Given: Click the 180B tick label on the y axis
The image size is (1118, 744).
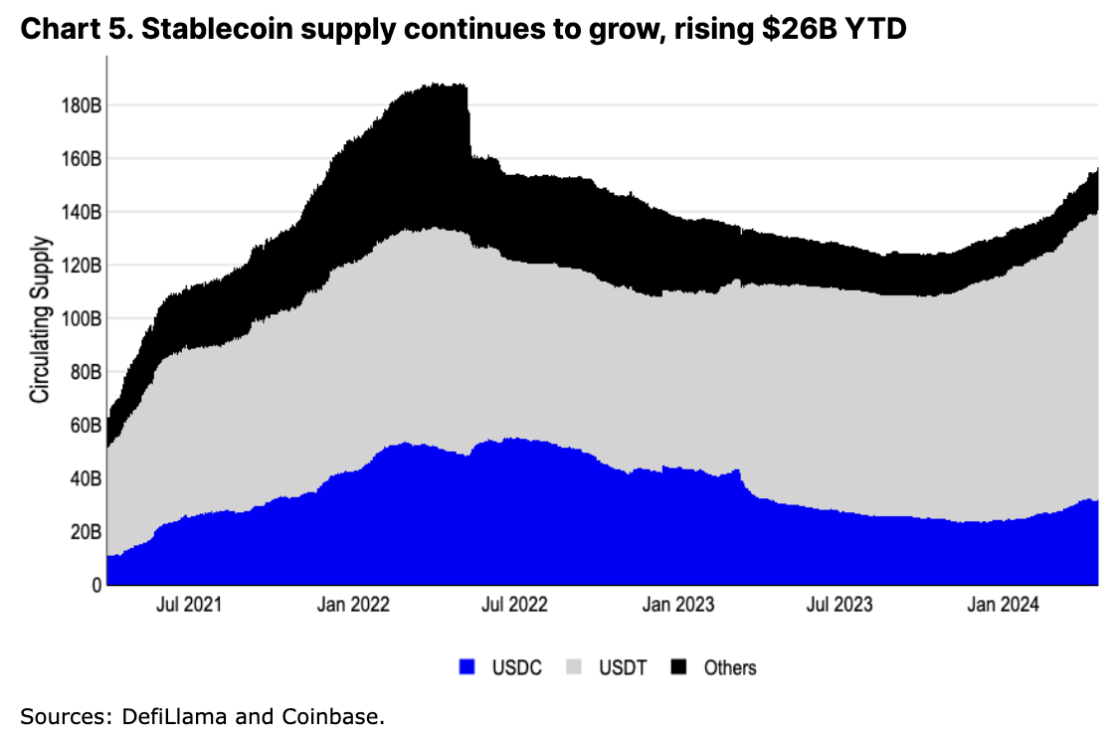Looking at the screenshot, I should (76, 105).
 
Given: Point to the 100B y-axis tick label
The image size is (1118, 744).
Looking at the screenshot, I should (76, 318).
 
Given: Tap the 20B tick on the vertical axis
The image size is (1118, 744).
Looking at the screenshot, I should (80, 531).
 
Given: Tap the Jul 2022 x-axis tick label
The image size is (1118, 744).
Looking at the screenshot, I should (515, 605).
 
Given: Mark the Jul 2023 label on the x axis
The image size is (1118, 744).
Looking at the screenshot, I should (840, 605).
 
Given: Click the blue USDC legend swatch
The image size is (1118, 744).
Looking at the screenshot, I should (467, 667).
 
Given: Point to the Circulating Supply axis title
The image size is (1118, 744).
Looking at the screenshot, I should (40, 319).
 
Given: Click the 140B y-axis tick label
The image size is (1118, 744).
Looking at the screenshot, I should (76, 212).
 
